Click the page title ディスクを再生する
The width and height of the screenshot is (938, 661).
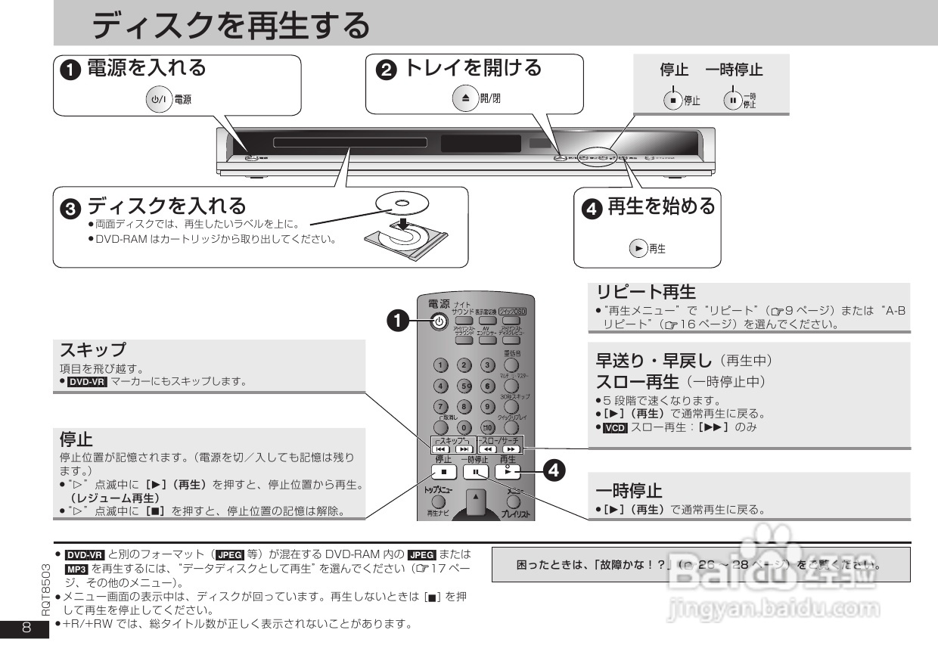click(x=231, y=27)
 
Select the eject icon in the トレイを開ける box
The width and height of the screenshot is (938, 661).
click(x=465, y=98)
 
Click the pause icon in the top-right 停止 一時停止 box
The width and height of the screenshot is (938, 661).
click(x=731, y=100)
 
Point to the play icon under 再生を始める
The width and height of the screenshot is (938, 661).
click(x=639, y=248)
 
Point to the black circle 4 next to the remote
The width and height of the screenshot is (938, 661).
click(x=554, y=470)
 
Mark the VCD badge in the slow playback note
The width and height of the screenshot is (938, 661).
click(x=610, y=427)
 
